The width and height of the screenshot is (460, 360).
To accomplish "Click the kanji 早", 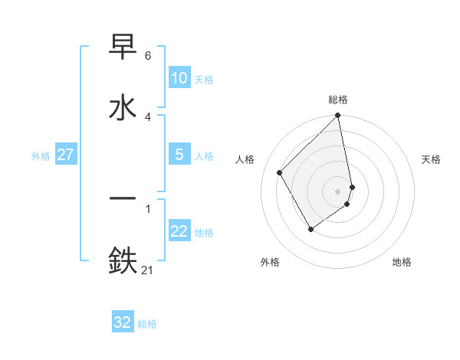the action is tap(123, 47).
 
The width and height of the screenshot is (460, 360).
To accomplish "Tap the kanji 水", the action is tap(123, 107).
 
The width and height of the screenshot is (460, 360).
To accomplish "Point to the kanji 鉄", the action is tap(123, 260).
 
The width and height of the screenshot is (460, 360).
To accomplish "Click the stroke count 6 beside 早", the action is tap(147, 56).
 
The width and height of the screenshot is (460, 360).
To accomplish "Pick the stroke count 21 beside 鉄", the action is tap(148, 269).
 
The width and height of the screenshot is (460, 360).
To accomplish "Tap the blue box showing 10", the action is tap(179, 78).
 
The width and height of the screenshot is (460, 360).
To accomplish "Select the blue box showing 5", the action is tap(179, 155).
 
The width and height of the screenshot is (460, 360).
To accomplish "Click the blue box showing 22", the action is tap(179, 231).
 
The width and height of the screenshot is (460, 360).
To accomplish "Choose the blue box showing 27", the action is tap(65, 155).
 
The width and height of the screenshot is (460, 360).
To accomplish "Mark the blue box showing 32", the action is tap(123, 322).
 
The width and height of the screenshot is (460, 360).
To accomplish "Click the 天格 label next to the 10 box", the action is tap(204, 79).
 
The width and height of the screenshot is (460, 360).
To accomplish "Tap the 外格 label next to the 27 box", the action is tap(41, 155).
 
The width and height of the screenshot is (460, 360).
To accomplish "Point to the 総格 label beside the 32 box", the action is tap(147, 323).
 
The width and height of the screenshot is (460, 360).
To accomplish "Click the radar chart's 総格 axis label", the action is tap(338, 100).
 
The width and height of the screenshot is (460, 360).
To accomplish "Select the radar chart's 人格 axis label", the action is tap(245, 159).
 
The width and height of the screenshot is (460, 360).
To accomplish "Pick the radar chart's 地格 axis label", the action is tap(402, 262).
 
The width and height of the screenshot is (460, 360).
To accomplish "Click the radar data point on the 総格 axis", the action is tap(338, 116).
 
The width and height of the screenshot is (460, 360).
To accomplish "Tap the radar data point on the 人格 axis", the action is tap(280, 172).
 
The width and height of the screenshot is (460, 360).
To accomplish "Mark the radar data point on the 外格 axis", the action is tap(311, 228).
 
